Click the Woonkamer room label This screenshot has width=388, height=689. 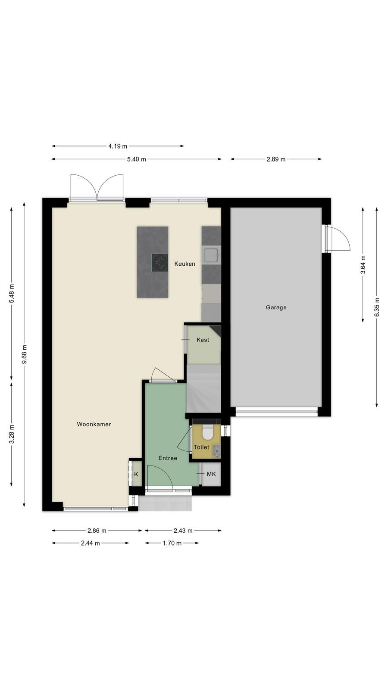pos(94,424)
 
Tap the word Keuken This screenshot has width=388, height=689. pos(185,264)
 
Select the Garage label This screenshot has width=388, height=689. pos(276,307)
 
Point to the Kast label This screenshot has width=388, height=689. pos(203,340)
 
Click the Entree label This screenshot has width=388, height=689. pos(168,458)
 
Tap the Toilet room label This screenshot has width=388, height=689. pos(201,447)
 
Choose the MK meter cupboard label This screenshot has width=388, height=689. pos(211,474)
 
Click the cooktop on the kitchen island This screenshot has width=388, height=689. pos(160,262)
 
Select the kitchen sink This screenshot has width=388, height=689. pos(211,255)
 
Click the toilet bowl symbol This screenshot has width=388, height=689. pos(207,433)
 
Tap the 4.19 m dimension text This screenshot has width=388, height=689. pos(118,146)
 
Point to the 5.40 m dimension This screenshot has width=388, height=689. pos(137,159)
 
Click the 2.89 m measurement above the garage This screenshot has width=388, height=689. pos(276,159)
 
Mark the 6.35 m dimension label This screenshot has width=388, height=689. pos(377,307)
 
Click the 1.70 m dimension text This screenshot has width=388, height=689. pos(172,543)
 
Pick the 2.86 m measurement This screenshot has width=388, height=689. pos(97,531)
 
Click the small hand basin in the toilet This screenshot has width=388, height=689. pos(217,451)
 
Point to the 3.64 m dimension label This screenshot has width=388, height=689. pos(363,264)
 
